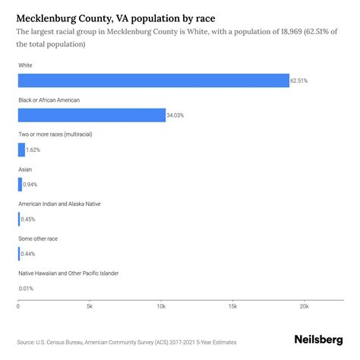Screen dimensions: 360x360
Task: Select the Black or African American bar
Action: click(91, 115)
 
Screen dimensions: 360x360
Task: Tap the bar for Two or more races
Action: click(21, 150)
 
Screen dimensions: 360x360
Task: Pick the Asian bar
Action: click(20, 185)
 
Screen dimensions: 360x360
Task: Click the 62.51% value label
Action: click(299, 81)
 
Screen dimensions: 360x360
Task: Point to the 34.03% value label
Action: click(175, 115)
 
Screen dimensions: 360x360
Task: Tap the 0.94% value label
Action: click(30, 185)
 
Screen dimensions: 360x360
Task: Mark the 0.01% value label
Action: click(27, 289)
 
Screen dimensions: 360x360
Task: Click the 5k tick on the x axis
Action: click(89, 307)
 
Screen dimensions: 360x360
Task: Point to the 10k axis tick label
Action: click(161, 307)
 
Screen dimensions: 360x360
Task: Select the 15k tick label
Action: click(232, 307)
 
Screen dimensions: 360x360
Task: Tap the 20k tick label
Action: click(304, 307)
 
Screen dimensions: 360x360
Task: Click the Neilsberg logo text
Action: click(318, 341)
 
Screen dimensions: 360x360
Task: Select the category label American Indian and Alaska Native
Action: click(59, 204)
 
